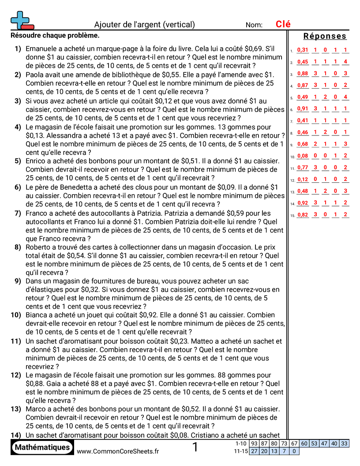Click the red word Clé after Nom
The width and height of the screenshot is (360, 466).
pyautogui.click(x=283, y=25)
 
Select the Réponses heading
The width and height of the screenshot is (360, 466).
pyautogui.click(x=325, y=36)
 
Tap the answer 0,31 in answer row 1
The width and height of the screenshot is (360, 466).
pyautogui.click(x=303, y=50)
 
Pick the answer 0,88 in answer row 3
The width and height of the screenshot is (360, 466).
pyautogui.click(x=303, y=74)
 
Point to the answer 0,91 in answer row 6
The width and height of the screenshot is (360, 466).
pyautogui.click(x=303, y=109)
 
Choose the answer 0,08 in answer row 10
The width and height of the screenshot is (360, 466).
pyautogui.click(x=303, y=156)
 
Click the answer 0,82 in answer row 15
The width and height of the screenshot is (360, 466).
pyautogui.click(x=303, y=215)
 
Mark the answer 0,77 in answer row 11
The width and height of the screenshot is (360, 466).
pyautogui.click(x=303, y=168)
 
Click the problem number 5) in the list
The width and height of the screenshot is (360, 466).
pyautogui.click(x=18, y=161)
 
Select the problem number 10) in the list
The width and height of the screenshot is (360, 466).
pyautogui.click(x=16, y=315)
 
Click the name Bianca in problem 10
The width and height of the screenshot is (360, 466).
pyautogui.click(x=37, y=315)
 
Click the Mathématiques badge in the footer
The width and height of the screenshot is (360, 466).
pyautogui.click(x=42, y=447)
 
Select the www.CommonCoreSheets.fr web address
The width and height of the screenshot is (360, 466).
pyautogui.click(x=118, y=451)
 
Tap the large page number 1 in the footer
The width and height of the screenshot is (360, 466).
pyautogui.click(x=195, y=447)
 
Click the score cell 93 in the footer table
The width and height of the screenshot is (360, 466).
pyautogui.click(x=254, y=443)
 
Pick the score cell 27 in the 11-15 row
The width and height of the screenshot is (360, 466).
pyautogui.click(x=254, y=451)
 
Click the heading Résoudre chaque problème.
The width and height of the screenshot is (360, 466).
pyautogui.click(x=55, y=35)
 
